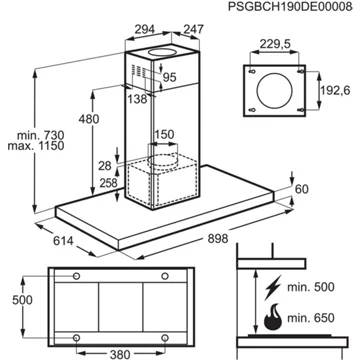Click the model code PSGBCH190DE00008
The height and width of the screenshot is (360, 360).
pos(290,7)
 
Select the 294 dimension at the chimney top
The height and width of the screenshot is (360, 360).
pos(145,29)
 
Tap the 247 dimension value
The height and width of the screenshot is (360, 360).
pos(192,29)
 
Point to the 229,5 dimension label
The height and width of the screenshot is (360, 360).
pos(275,43)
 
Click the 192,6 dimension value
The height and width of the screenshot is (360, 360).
pos(335,90)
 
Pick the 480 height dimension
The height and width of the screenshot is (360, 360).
pos(89,119)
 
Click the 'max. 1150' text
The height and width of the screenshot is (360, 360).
pos(36,146)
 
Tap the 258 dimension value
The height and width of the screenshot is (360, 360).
pos(108,183)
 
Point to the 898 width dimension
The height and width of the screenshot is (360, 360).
pos(218,239)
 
